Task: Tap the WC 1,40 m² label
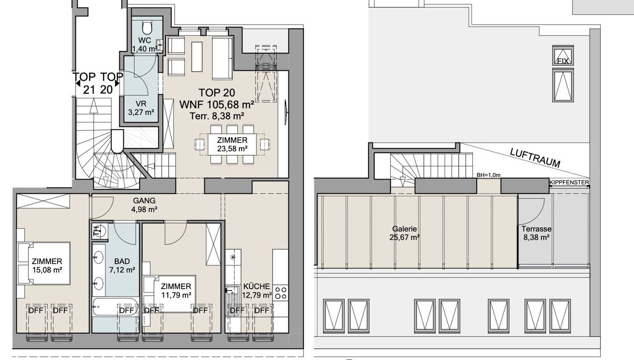point(144,44)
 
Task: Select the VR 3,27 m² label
point(141,108)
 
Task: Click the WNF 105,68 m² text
point(217,105)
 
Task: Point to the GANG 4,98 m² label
point(144,205)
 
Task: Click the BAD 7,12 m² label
point(122,265)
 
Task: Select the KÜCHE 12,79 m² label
point(257,290)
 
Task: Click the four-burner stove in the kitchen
point(280,293)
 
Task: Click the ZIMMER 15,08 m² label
point(47,265)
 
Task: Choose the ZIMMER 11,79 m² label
point(176,291)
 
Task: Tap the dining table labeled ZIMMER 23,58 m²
point(232,144)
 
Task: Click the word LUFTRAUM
point(535,158)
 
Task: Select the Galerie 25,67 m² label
point(405,233)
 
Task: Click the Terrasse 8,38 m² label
point(536,233)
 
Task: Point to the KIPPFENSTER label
point(569,183)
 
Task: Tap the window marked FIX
point(563,55)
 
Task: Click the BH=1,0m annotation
point(489,175)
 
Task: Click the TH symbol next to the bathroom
point(96,231)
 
